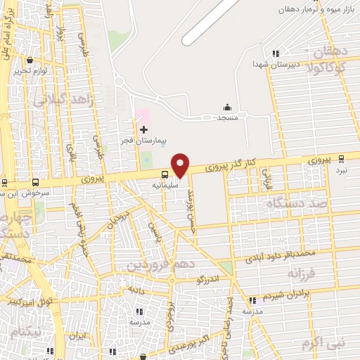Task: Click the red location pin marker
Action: [x=181, y=165]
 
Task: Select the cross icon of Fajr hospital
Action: [x=144, y=129]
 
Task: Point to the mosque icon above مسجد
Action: [x=227, y=107]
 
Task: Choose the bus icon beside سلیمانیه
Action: [x=164, y=174]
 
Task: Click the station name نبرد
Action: [x=341, y=170]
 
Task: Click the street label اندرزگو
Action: [x=209, y=278]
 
